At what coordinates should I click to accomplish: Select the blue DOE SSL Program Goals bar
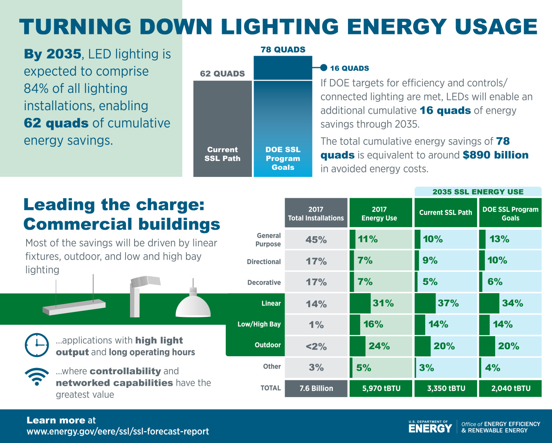coord(283,123)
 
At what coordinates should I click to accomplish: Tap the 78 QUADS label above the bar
coord(283,50)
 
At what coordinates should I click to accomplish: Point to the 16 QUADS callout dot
coord(323,68)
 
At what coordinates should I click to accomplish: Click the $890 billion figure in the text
coord(496,155)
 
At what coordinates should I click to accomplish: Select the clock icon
coord(37,345)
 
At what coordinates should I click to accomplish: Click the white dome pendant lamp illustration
coord(193,305)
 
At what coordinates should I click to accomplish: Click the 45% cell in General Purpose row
coord(316,240)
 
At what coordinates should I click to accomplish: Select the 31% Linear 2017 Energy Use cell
coord(381,303)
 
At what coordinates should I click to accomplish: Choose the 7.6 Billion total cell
coord(316,389)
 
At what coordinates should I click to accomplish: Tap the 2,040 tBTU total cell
coord(510,389)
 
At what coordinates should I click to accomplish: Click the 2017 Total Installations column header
coord(316,213)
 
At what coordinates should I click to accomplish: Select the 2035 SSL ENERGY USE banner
coord(478,192)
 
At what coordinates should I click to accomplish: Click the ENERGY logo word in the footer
coord(430,428)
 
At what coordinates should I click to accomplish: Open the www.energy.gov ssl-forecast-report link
coord(118,432)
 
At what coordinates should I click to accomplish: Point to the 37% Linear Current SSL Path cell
coord(446,303)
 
